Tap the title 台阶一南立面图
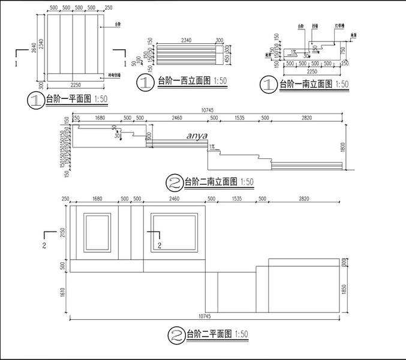tap(306, 85)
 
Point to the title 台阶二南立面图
tap(209, 181)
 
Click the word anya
tap(197, 136)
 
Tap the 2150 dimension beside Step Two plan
tap(63, 232)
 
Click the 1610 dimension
tap(63, 292)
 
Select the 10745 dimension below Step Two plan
tap(204, 316)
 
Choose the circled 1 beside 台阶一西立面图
tap(145, 82)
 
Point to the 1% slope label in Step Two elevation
tap(212, 146)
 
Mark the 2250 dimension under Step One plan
tap(76, 83)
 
